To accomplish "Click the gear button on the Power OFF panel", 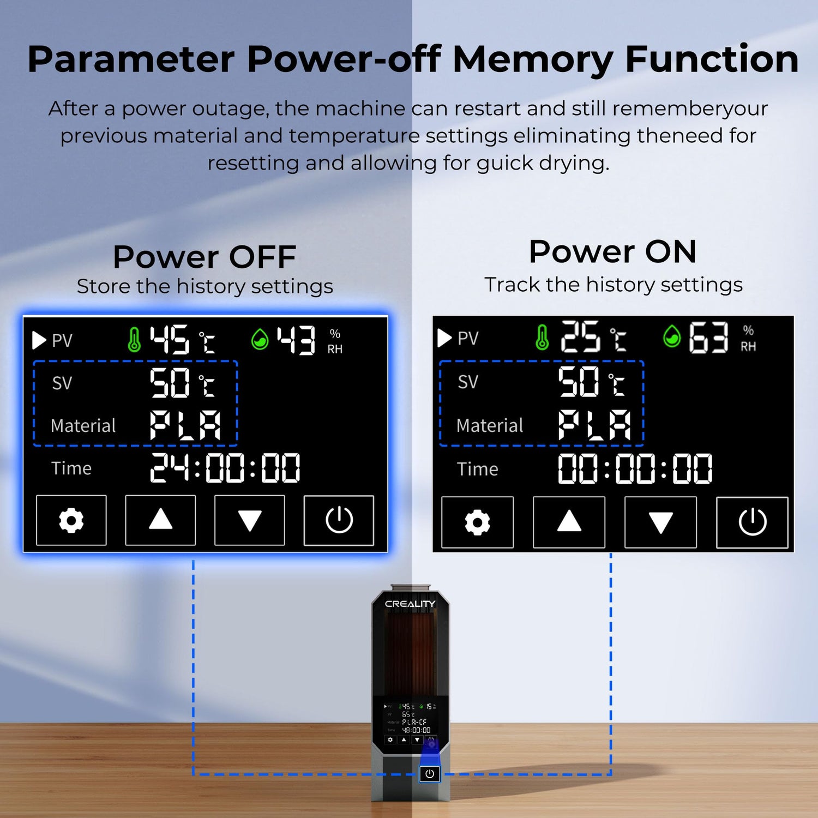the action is tap(71, 520).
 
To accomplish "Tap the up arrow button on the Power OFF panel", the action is tap(160, 520).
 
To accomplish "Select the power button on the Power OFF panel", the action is tap(339, 520).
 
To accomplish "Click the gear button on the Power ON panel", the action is tap(477, 522).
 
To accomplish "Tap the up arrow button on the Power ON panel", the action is tap(569, 522).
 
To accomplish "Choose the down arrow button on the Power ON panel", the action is tap(660, 522).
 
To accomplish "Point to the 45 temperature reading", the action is tap(170, 339).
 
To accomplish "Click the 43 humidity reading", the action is tap(296, 340).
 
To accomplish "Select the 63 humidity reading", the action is tap(708, 338).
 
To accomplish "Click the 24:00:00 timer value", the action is tap(225, 468).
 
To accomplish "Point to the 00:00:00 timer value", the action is tap(635, 468).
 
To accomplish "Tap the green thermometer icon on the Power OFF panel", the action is tap(134, 339).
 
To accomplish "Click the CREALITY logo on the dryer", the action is tap(410, 604).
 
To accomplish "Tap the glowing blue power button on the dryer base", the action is tap(430, 774).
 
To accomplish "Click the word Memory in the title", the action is tap(533, 59).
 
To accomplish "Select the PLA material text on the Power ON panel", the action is tap(594, 425).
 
